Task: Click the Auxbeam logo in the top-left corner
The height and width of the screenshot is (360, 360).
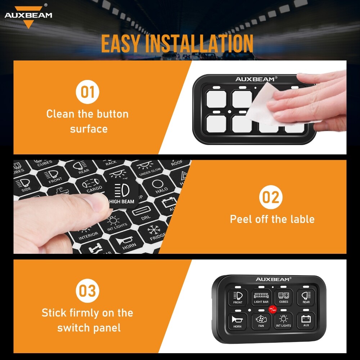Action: [28, 16]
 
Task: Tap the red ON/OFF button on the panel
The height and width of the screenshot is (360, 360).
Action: [273, 309]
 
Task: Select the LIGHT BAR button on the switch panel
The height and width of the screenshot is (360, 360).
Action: [261, 297]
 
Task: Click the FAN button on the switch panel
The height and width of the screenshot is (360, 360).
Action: [261, 321]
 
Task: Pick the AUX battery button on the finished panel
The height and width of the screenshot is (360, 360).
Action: [306, 321]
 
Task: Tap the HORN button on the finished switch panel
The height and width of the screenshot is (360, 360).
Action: [238, 321]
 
